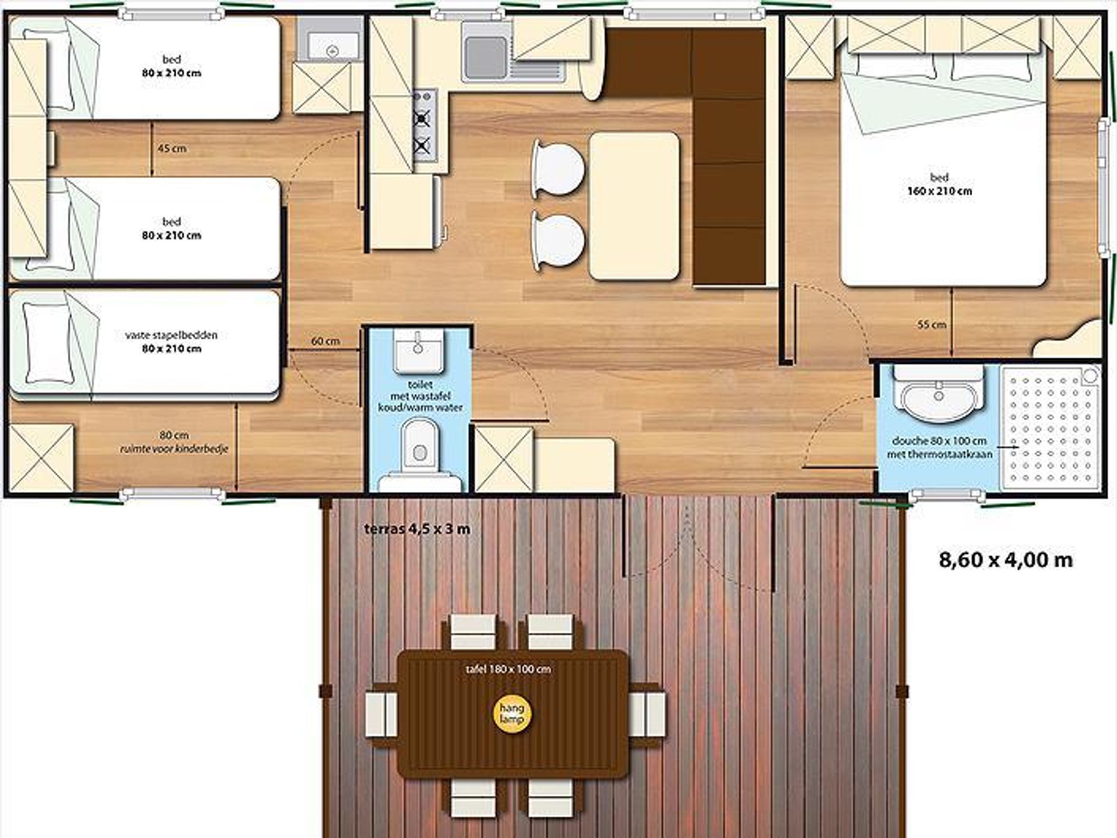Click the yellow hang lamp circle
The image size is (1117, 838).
[512, 713]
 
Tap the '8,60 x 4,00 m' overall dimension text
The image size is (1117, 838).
[1006, 560]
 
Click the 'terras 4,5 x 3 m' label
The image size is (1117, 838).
[417, 529]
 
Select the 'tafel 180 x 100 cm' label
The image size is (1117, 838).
[508, 669]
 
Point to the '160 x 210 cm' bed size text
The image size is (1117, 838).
[940, 191]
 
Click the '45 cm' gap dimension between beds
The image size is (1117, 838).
[172, 148]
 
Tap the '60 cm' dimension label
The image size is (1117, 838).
[325, 341]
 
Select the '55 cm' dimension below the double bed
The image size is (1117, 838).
[931, 325]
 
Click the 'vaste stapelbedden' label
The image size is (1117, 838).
[171, 335]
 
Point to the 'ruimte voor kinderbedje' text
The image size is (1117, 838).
[174, 449]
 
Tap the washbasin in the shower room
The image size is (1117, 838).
[938, 393]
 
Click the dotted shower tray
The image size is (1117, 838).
[1050, 428]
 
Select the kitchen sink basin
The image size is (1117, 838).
[486, 57]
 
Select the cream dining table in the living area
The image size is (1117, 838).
[634, 206]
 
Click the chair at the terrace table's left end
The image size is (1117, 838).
[381, 713]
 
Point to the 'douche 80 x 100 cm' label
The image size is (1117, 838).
[939, 441]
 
